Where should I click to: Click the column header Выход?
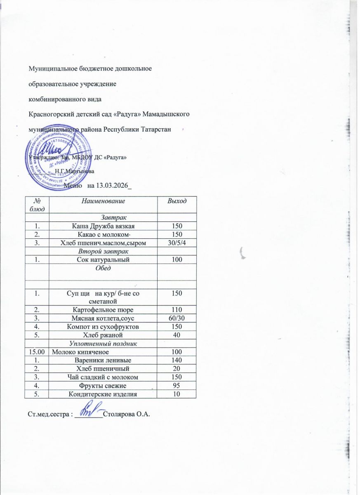(176, 201)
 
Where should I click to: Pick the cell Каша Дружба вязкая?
(103, 226)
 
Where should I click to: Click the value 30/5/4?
(176, 243)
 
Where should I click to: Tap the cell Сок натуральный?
(103, 259)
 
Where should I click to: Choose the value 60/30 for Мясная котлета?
(176, 318)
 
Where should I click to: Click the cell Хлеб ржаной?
(103, 335)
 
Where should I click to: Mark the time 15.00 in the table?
(35, 352)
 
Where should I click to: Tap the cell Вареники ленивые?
(103, 360)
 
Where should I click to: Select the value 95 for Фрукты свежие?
(176, 385)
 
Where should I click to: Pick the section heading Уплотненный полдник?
(103, 343)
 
